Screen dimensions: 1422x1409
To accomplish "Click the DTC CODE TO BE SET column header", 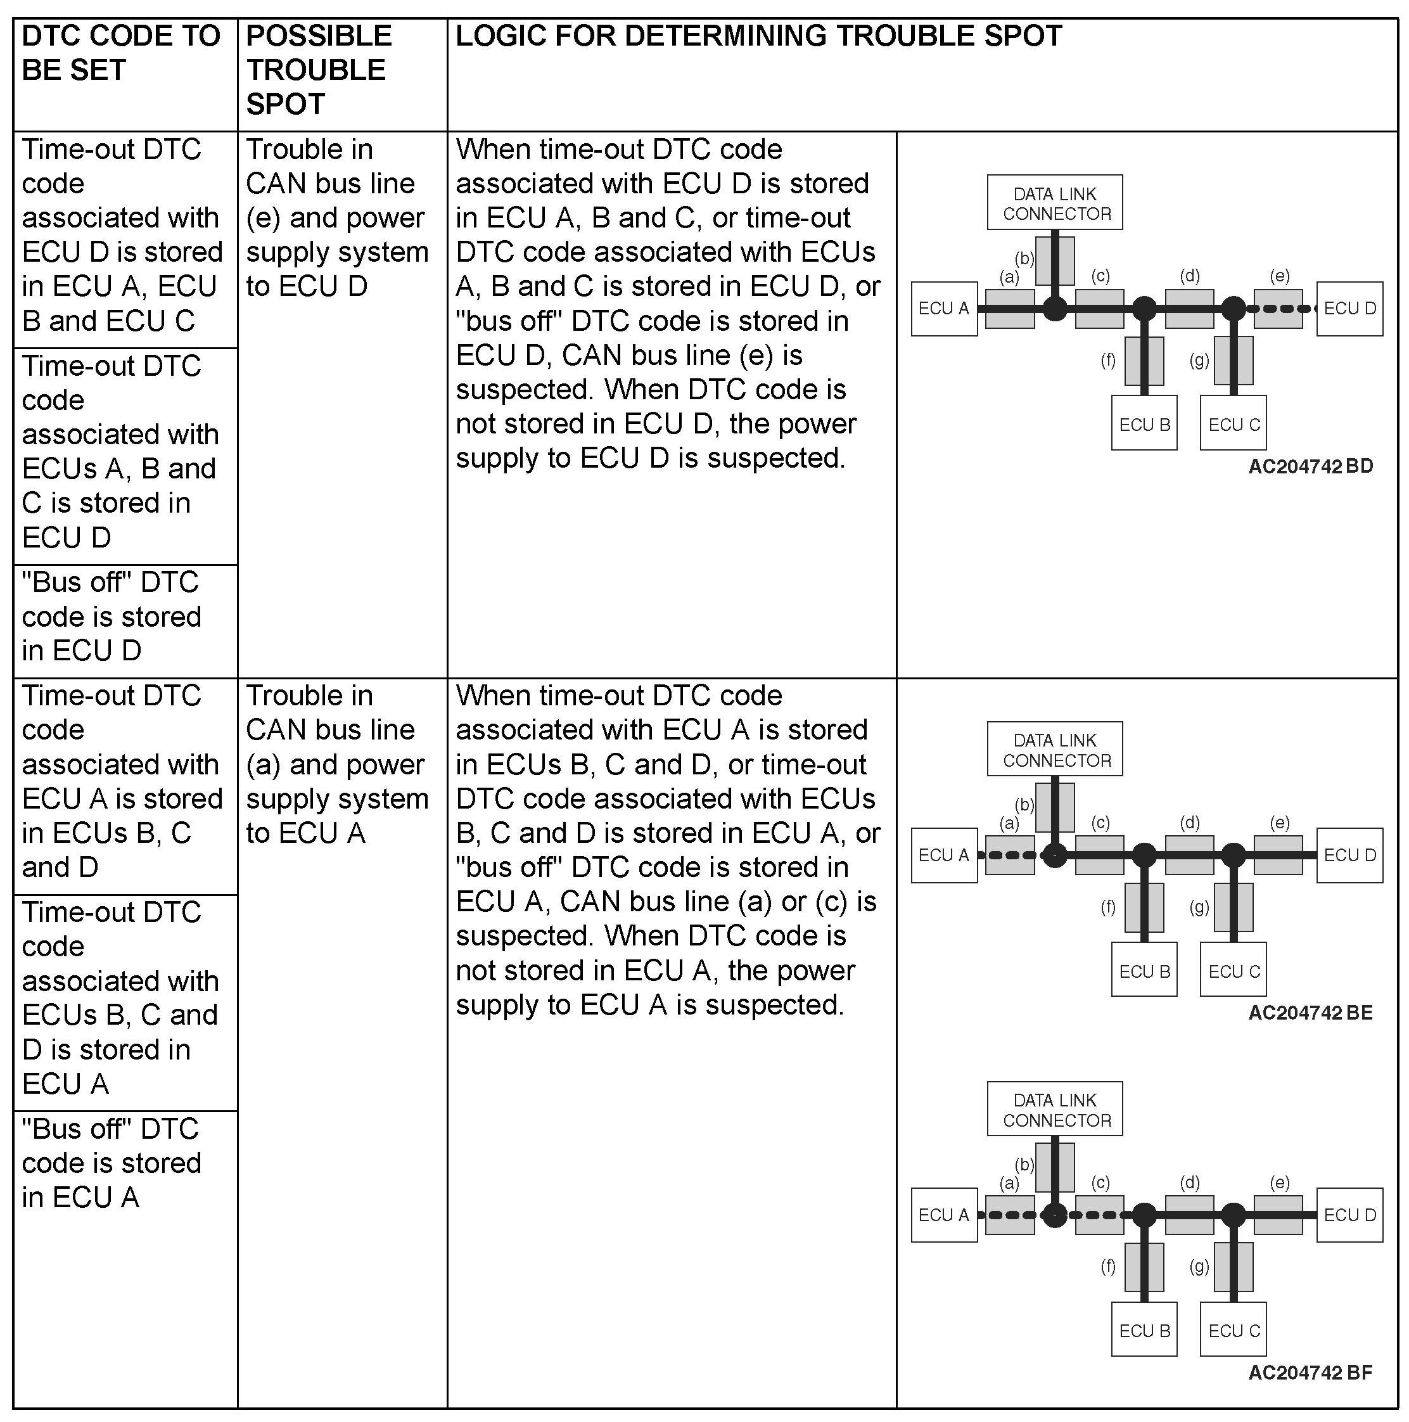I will click(x=122, y=53).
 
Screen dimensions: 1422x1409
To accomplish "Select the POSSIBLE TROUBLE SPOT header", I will click(x=319, y=70).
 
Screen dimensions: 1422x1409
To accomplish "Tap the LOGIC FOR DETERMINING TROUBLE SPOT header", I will click(x=758, y=36).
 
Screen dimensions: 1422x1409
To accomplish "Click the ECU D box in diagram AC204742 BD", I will click(x=1349, y=309).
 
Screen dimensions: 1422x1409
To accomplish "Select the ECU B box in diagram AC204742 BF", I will click(x=1144, y=1331).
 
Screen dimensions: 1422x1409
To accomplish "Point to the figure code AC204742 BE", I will click(x=1310, y=1013).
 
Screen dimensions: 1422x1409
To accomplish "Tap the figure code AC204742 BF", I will click(x=1310, y=1372).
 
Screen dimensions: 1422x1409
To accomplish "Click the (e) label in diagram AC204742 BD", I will click(x=1280, y=276).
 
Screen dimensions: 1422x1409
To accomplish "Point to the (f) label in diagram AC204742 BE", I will click(x=1108, y=907).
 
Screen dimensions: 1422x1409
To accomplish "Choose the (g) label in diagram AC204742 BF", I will click(x=1199, y=1266).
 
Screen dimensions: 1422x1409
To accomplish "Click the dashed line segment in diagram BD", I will click(x=1280, y=309).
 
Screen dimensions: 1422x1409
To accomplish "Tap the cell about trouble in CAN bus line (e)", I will click(x=336, y=217).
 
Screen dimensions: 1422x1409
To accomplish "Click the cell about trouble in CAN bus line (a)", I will click(x=336, y=764).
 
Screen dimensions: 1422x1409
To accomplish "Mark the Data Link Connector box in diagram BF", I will click(x=1054, y=1110).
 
